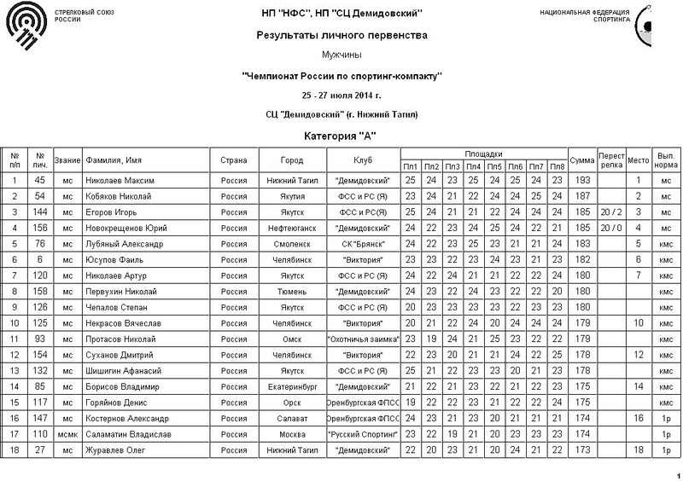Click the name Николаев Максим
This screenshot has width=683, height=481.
(121, 181)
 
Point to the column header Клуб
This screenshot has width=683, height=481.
(363, 160)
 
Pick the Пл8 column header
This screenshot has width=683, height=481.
(557, 165)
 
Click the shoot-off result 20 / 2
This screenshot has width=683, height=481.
(610, 212)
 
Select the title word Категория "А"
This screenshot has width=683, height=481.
(341, 135)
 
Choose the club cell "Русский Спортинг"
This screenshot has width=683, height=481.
(363, 434)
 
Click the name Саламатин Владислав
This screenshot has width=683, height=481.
(129, 434)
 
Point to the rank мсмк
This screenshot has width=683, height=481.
(67, 434)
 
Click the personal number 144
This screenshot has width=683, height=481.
(40, 212)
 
